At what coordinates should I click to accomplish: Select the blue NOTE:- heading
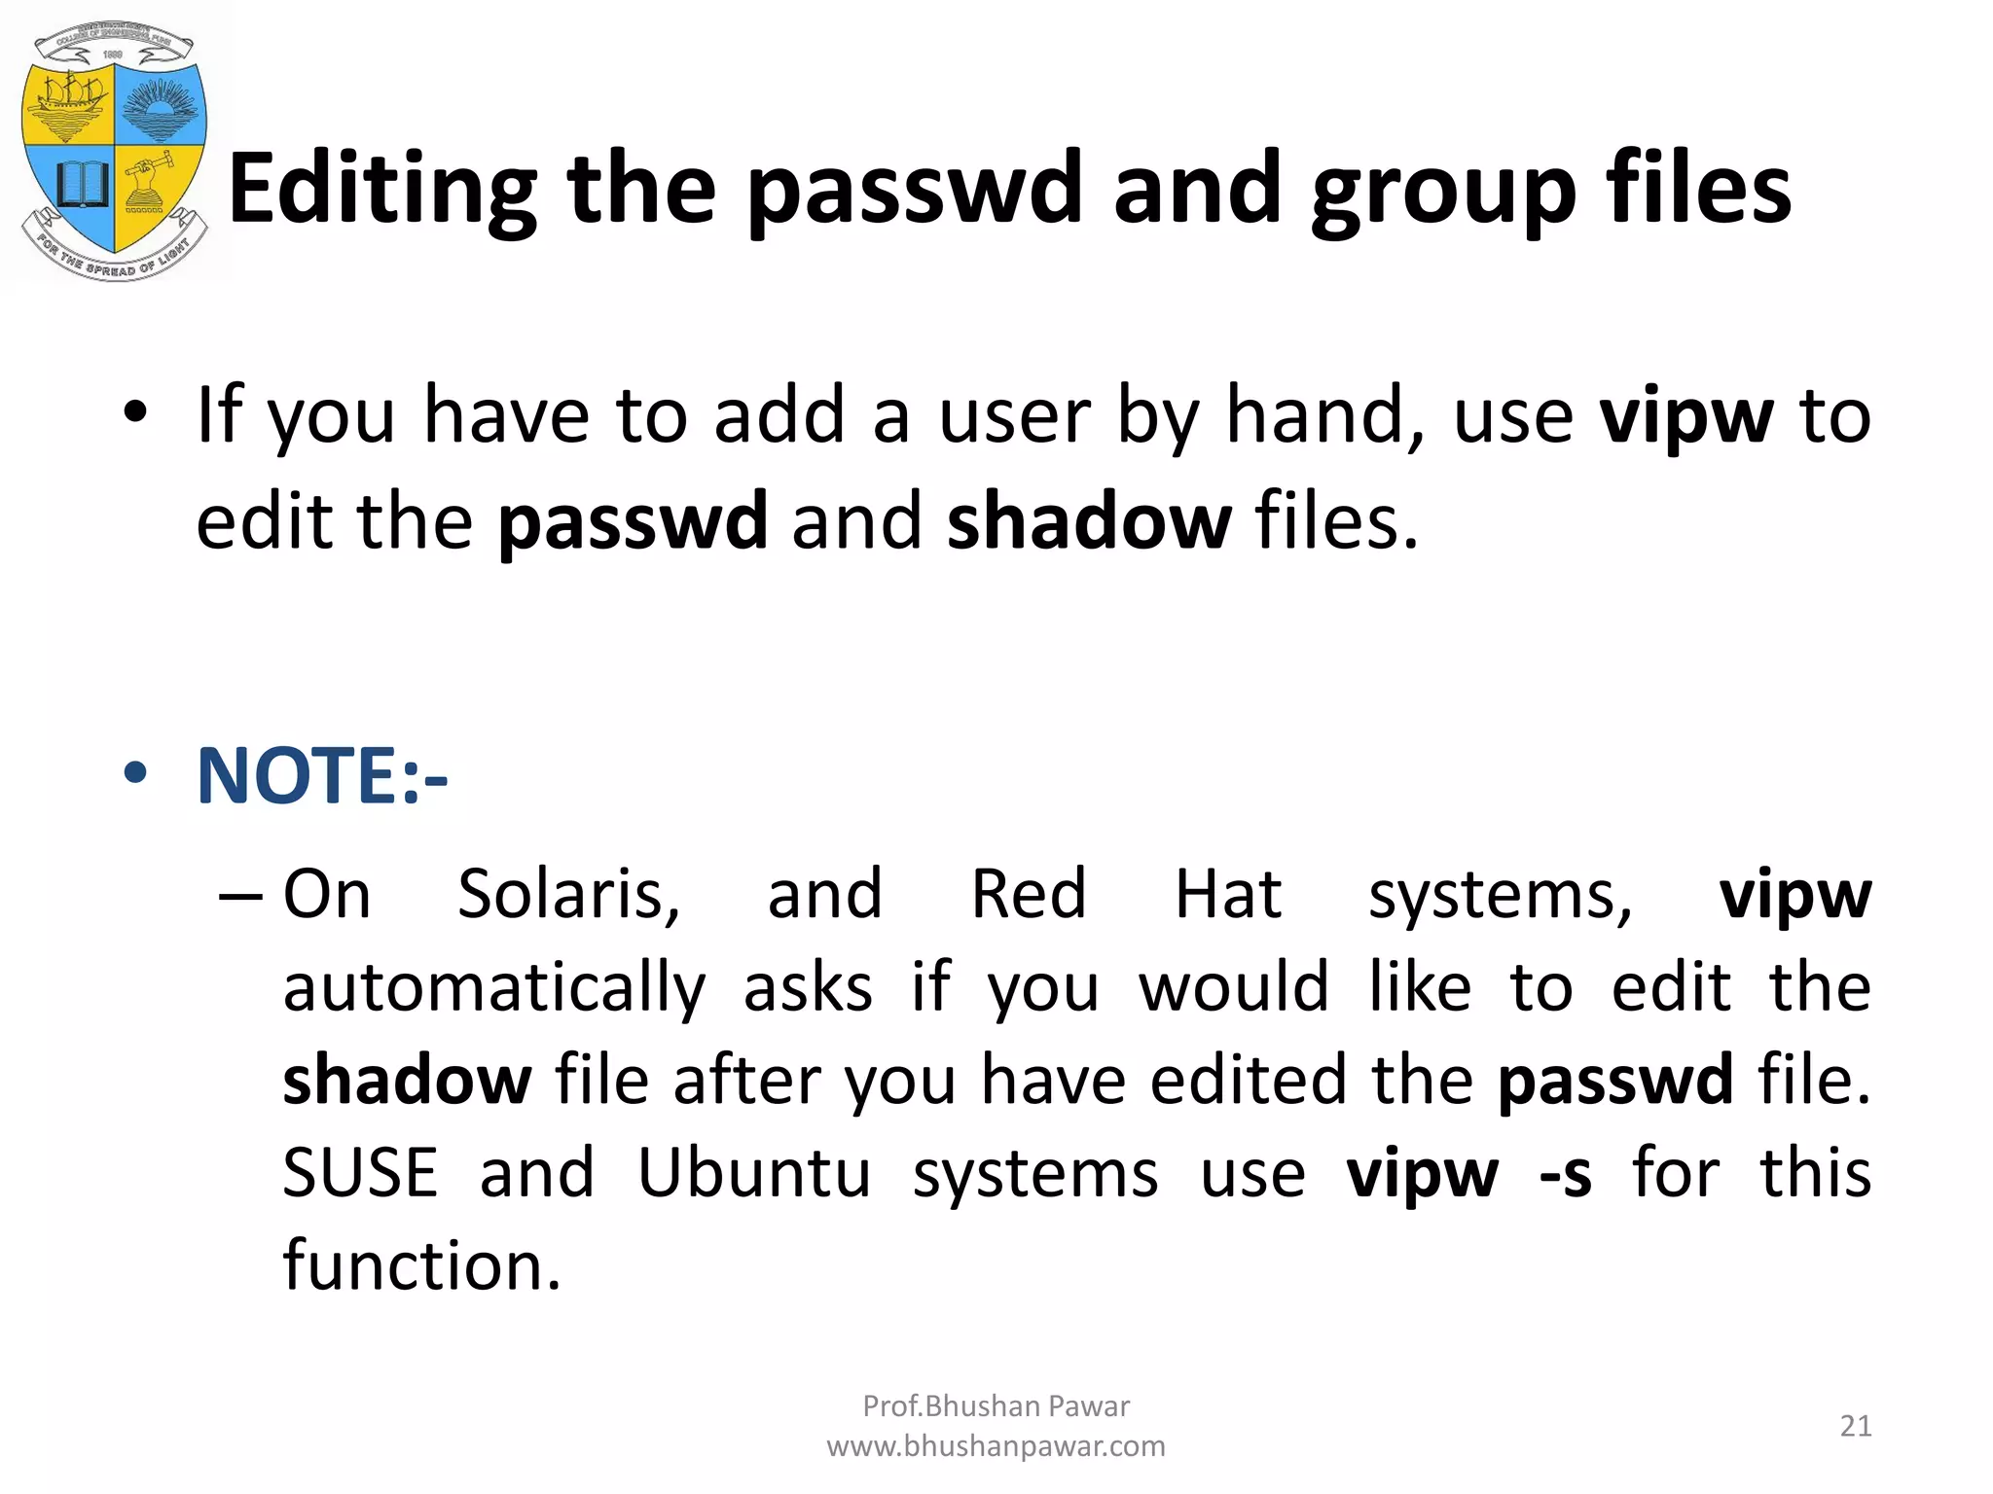coord(322,776)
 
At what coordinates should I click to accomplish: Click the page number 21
coord(1856,1426)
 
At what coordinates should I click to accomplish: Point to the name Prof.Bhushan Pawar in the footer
coord(996,1405)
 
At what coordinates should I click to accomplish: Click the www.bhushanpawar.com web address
coord(996,1446)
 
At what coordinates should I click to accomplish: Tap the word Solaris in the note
coord(568,894)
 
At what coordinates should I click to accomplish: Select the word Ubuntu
coord(754,1173)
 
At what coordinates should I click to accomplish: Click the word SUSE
coord(360,1173)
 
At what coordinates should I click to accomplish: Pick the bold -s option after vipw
coord(1565,1173)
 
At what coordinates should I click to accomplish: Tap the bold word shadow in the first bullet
coord(1089,521)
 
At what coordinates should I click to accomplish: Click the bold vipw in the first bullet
coord(1686,416)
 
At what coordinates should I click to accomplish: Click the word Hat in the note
coord(1228,894)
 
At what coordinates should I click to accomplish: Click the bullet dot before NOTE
coord(135,774)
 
